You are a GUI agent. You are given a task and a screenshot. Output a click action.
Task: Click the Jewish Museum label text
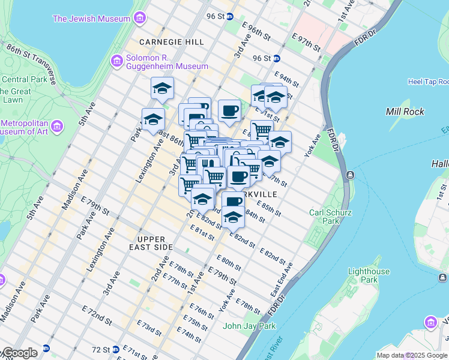[x=91, y=19]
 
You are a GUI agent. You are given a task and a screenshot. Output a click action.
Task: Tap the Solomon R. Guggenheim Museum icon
[x=117, y=61]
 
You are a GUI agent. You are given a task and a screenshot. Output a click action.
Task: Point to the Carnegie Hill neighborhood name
[x=171, y=42]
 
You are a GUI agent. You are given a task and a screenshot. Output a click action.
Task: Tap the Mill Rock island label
[x=405, y=112]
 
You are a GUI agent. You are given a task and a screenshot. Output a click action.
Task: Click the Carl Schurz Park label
[x=328, y=216]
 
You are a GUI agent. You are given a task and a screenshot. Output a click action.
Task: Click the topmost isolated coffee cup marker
[x=229, y=110]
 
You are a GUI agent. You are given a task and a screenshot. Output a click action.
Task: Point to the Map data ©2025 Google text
[x=412, y=355]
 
